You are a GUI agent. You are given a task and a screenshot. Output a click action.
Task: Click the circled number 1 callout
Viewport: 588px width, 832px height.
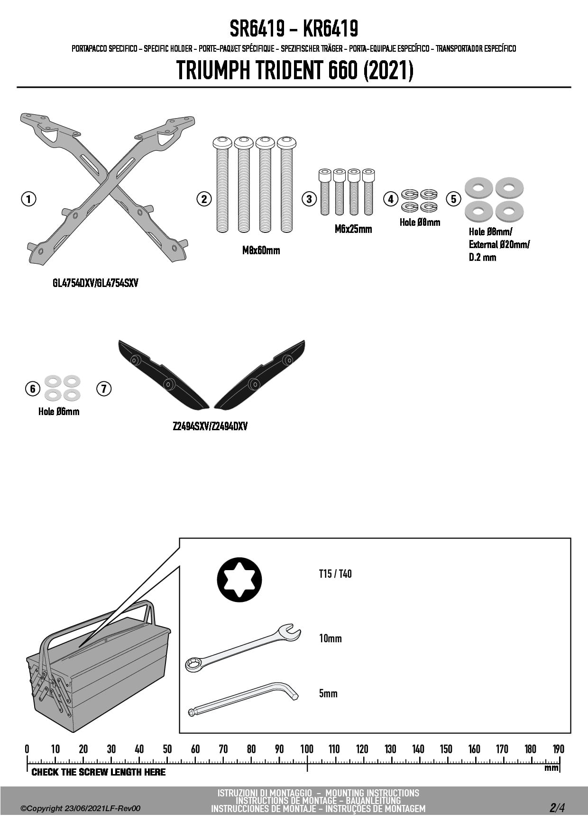(x=28, y=199)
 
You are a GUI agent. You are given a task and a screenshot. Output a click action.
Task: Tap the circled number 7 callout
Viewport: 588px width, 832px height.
(x=104, y=389)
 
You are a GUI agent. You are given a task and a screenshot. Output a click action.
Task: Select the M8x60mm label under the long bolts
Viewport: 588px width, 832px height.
(x=261, y=250)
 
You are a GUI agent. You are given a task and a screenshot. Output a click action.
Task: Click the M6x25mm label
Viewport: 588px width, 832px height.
(x=353, y=229)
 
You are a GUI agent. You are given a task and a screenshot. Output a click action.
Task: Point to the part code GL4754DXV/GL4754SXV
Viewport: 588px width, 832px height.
(x=95, y=283)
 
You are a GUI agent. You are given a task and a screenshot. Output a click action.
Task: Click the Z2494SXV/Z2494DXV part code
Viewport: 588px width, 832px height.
(x=210, y=426)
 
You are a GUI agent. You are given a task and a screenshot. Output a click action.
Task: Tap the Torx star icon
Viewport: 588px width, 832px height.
(x=239, y=580)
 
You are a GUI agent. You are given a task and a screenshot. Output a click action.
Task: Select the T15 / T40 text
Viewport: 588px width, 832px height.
(x=335, y=574)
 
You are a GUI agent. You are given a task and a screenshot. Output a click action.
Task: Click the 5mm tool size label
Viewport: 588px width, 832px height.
(x=328, y=693)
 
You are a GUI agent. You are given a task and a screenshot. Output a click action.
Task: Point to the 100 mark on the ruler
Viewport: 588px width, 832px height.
(x=307, y=749)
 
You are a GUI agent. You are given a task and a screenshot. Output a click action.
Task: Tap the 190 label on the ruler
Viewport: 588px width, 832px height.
(x=559, y=749)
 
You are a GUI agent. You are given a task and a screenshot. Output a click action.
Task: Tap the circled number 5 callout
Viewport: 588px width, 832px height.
(x=453, y=199)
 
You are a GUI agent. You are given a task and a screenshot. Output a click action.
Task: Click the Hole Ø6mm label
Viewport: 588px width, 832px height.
(x=59, y=412)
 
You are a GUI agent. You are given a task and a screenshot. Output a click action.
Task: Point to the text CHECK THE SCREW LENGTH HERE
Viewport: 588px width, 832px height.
(x=99, y=772)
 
